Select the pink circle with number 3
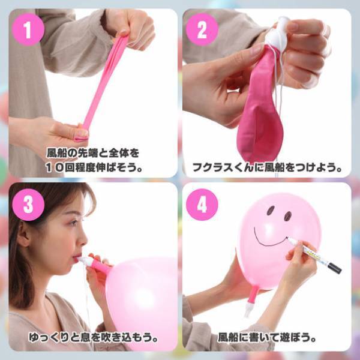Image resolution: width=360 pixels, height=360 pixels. [x=28, y=204]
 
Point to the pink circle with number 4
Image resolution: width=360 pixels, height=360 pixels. [x=202, y=204]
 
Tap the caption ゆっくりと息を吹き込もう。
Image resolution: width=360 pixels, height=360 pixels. [x=93, y=338]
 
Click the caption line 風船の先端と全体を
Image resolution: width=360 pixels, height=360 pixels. [x=93, y=153]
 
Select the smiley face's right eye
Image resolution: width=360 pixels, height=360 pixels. [x=287, y=215]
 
